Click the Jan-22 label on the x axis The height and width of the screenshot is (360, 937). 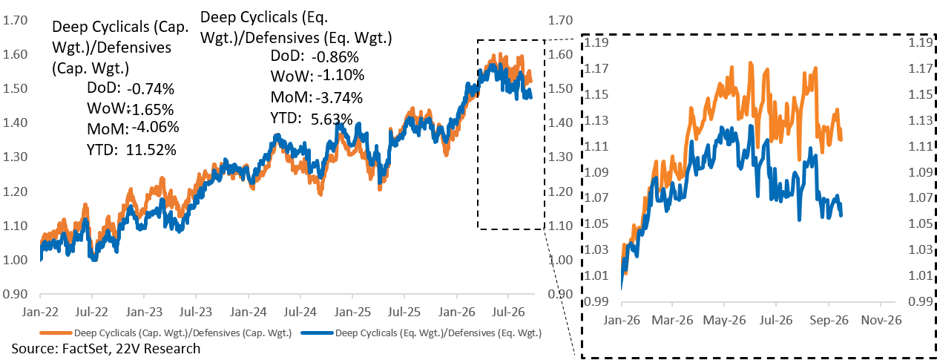point(40,312)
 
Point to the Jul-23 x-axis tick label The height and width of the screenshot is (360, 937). point(196,312)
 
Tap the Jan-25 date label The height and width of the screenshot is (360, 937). point(352,312)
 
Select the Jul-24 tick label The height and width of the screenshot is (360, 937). point(300,312)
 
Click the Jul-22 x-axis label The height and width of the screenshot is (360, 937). point(91,312)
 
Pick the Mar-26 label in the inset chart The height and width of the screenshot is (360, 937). point(672,320)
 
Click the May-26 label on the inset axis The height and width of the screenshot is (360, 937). point(724,320)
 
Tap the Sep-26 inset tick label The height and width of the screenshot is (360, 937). point(829,320)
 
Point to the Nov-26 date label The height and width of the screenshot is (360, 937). point(881,320)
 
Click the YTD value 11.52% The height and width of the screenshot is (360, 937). point(151,149)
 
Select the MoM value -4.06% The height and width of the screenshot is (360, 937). point(155,127)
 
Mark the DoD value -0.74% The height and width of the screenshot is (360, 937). point(151,89)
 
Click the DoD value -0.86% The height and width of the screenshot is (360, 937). point(335,56)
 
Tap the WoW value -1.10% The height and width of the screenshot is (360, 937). point(341,76)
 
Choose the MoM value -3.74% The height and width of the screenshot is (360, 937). point(339,97)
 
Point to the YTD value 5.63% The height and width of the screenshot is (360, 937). point(332,120)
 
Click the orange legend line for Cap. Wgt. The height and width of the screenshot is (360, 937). point(56,333)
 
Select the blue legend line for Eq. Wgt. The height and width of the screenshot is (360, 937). point(317,333)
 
